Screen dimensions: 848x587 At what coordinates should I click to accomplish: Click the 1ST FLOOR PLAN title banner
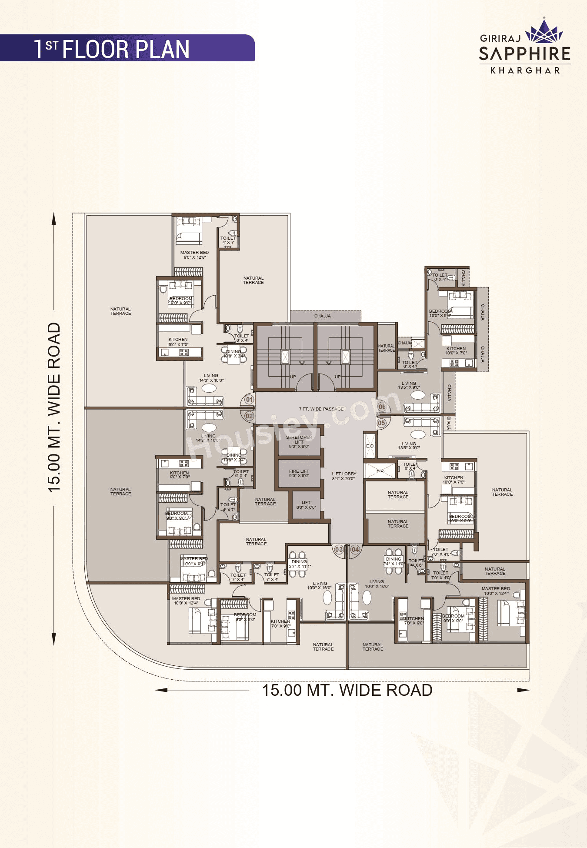pyautogui.click(x=126, y=48)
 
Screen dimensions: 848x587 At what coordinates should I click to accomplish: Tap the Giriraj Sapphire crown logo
pyautogui.click(x=544, y=32)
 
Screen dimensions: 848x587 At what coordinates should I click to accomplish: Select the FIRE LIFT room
pyautogui.click(x=299, y=473)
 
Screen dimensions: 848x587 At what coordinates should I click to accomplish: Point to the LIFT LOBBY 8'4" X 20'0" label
pyautogui.click(x=344, y=476)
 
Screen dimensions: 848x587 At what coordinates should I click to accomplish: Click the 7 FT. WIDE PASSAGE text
pyautogui.click(x=321, y=409)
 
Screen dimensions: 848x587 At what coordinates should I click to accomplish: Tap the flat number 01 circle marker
pyautogui.click(x=249, y=399)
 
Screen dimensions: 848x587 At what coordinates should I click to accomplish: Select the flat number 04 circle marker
pyautogui.click(x=355, y=549)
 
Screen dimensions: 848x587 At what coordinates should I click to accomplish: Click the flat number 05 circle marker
pyautogui.click(x=381, y=423)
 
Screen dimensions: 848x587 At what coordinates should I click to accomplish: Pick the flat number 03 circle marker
pyautogui.click(x=339, y=549)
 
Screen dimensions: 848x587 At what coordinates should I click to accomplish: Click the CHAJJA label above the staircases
pyautogui.click(x=323, y=316)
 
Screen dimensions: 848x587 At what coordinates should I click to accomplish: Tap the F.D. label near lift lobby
pyautogui.click(x=380, y=471)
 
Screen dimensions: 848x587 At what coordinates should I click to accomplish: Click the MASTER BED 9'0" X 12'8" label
pyautogui.click(x=194, y=255)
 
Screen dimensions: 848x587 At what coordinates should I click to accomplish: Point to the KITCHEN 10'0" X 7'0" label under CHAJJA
pyautogui.click(x=456, y=351)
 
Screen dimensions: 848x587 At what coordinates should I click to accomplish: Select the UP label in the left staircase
pyautogui.click(x=293, y=377)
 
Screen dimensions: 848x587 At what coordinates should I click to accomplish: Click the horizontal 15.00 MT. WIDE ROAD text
pyautogui.click(x=347, y=690)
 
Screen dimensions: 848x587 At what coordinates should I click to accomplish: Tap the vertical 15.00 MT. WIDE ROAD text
pyautogui.click(x=54, y=407)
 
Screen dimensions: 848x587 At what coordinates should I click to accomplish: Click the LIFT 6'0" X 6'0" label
pyautogui.click(x=306, y=505)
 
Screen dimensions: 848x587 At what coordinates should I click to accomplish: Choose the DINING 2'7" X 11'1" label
pyautogui.click(x=300, y=564)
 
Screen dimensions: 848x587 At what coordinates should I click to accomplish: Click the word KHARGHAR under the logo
pyautogui.click(x=525, y=70)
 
